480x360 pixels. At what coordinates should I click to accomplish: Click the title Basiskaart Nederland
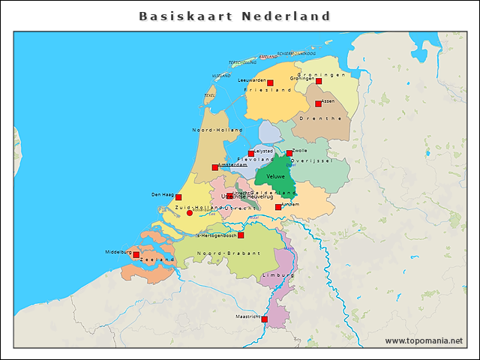tap(235, 16)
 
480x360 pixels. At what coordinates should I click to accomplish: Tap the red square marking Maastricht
tap(264, 319)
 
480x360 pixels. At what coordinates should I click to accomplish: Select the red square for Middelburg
tap(136, 254)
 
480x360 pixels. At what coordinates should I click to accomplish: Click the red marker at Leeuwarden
tap(270, 82)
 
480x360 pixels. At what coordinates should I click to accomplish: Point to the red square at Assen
tap(318, 103)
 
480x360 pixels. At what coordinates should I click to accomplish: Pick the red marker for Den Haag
tap(178, 197)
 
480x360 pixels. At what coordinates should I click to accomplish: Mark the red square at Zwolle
tap(289, 153)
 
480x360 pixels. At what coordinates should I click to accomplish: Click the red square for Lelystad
tap(251, 153)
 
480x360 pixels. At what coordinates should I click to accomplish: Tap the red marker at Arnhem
tap(278, 207)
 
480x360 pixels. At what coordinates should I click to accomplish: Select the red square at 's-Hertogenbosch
tap(241, 235)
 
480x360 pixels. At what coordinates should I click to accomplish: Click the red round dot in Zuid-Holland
tap(189, 213)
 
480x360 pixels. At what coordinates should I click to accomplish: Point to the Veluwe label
tap(275, 176)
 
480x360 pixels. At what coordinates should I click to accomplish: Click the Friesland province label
tap(268, 90)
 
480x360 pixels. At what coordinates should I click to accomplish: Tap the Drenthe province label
tap(316, 118)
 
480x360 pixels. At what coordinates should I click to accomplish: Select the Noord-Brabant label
tap(229, 253)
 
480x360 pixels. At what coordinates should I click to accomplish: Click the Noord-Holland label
tap(217, 130)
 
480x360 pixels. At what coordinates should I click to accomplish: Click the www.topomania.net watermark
tap(424, 340)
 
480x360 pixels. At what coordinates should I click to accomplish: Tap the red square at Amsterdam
tap(215, 167)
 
